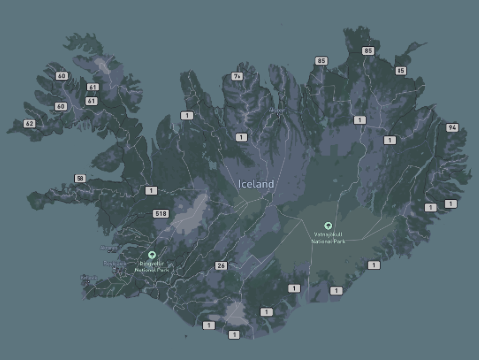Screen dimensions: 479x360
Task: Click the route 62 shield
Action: pyautogui.click(x=29, y=124)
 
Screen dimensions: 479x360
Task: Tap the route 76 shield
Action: pyautogui.click(x=237, y=76)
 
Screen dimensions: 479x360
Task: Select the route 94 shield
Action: pyautogui.click(x=452, y=128)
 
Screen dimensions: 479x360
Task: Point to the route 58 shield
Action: pyautogui.click(x=80, y=178)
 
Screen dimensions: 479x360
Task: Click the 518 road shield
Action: pyautogui.click(x=161, y=213)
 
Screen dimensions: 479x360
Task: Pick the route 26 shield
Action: pyautogui.click(x=221, y=266)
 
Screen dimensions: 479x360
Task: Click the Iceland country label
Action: pyautogui.click(x=256, y=184)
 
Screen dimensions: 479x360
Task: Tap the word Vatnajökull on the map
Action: pyautogui.click(x=328, y=235)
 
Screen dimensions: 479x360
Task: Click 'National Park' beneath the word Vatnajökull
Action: pyautogui.click(x=328, y=242)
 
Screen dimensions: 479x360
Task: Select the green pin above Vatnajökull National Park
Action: pyautogui.click(x=328, y=225)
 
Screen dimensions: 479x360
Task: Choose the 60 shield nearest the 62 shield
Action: pyautogui.click(x=61, y=106)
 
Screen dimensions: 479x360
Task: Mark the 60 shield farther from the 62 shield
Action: pyautogui.click(x=61, y=76)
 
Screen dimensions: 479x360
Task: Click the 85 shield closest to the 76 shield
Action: pyautogui.click(x=321, y=61)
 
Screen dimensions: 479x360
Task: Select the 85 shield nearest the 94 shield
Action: pyautogui.click(x=400, y=71)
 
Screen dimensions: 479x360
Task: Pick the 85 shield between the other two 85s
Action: pyautogui.click(x=368, y=50)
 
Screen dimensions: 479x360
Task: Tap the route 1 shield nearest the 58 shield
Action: pyautogui.click(x=151, y=190)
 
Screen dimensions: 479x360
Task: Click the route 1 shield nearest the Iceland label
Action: pyautogui.click(x=241, y=137)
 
